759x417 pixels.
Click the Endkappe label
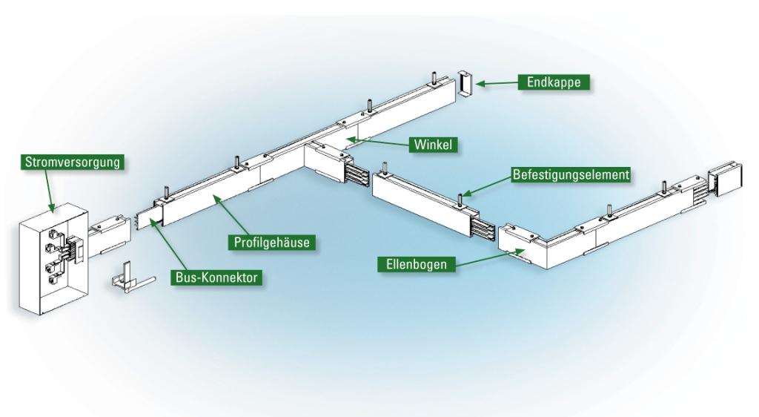click(x=553, y=83)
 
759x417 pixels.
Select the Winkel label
click(x=433, y=145)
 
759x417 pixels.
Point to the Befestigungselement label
click(x=571, y=175)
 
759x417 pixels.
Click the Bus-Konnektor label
click(x=219, y=278)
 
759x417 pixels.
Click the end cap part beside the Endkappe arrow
click(x=464, y=85)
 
